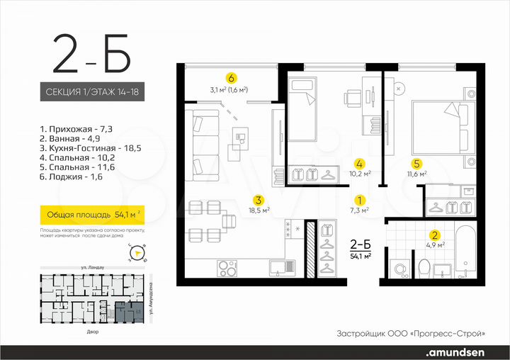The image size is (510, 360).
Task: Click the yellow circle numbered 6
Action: point(230,78)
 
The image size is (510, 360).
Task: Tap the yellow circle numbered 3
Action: point(259,199)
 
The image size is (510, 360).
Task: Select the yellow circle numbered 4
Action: point(360,162)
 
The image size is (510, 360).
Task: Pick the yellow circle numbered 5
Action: point(417,162)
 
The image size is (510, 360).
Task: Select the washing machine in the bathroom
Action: point(399,269)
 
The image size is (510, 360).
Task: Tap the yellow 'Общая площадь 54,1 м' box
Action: point(92,213)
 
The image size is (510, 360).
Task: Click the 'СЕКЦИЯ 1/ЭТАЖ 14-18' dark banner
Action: point(92,93)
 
